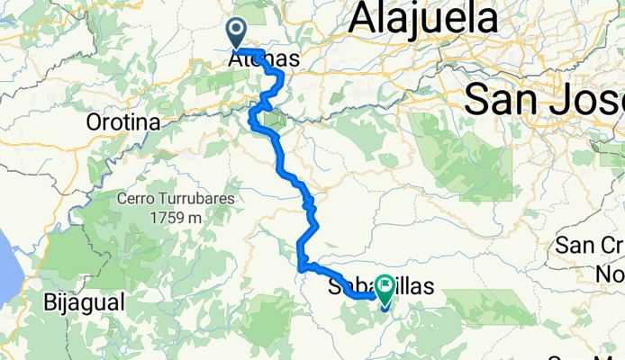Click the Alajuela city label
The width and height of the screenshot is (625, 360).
click(x=423, y=18)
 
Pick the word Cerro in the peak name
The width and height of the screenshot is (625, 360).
click(x=139, y=199)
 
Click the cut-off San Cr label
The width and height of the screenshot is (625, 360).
click(x=590, y=246)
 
